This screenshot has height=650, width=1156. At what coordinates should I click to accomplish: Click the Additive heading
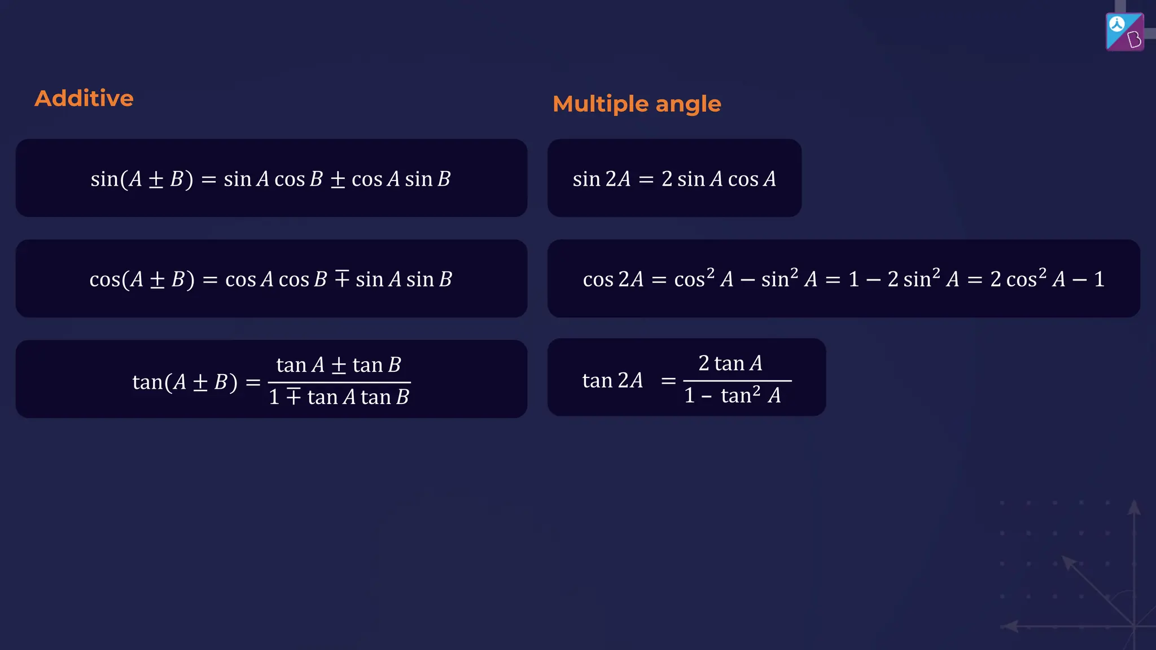[x=84, y=99]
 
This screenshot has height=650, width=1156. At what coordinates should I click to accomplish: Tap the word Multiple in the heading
[x=601, y=104]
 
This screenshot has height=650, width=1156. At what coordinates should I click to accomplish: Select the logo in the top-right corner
[x=1124, y=32]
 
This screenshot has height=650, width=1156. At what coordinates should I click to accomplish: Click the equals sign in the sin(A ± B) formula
[x=209, y=180]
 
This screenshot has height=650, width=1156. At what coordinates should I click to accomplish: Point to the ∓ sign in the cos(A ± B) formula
[x=342, y=279]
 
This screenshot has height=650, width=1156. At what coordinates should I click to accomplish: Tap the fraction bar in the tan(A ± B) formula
[x=339, y=382]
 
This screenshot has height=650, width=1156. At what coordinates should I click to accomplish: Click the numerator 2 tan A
[x=730, y=364]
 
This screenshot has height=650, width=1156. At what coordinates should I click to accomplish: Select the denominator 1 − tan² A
[x=733, y=396]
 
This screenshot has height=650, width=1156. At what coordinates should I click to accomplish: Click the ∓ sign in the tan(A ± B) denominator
[x=294, y=397]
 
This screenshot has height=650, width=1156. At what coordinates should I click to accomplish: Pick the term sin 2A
[x=601, y=179]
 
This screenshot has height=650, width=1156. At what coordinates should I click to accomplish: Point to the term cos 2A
[x=613, y=279]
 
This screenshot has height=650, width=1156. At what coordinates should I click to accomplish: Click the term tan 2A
[x=612, y=381]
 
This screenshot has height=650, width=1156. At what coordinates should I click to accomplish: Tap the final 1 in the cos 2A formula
[x=1099, y=279]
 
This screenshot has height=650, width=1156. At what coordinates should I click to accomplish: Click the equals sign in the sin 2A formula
[x=646, y=180]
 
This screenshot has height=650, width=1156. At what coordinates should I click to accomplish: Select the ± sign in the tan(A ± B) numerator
[x=339, y=366]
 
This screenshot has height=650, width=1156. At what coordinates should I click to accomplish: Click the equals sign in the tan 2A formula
[x=668, y=381]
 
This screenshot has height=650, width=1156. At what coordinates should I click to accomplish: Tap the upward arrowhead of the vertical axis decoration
[x=1134, y=506]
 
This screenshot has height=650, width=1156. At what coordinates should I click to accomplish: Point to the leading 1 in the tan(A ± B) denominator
[x=274, y=397]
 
